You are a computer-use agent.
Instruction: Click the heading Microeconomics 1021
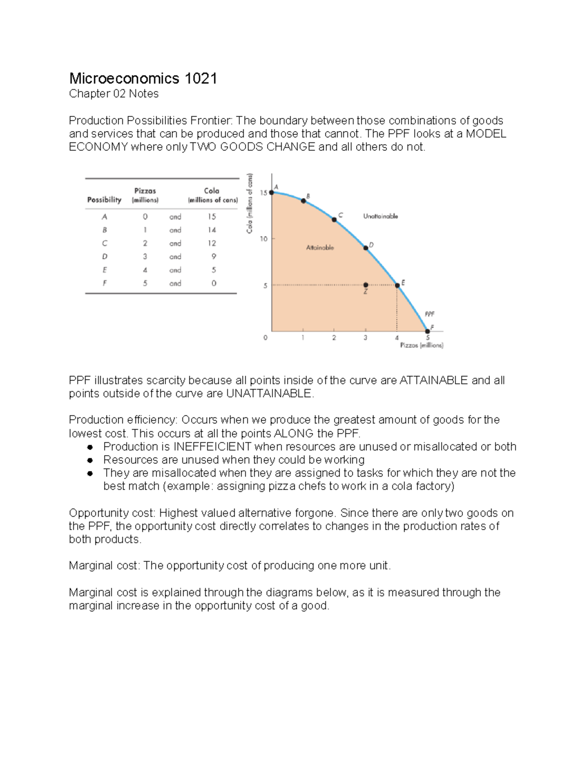(143, 78)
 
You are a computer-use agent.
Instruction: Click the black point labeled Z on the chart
(365, 285)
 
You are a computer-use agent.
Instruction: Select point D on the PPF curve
(365, 248)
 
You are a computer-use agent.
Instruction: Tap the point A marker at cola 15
(272, 192)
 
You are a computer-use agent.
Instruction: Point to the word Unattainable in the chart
(381, 216)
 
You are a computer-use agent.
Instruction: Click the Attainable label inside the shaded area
(320, 248)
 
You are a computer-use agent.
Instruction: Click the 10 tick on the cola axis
(264, 239)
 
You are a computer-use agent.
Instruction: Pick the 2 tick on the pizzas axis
(334, 338)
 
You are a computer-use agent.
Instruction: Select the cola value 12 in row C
(212, 243)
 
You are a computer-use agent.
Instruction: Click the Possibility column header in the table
(104, 200)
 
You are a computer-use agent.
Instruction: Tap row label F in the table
(105, 283)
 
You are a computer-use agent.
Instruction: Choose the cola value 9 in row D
(213, 256)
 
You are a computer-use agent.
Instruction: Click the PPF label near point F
(429, 314)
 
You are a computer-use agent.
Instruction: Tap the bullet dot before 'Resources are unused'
(90, 460)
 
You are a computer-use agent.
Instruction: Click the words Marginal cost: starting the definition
(104, 566)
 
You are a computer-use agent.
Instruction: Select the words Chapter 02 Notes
(113, 94)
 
